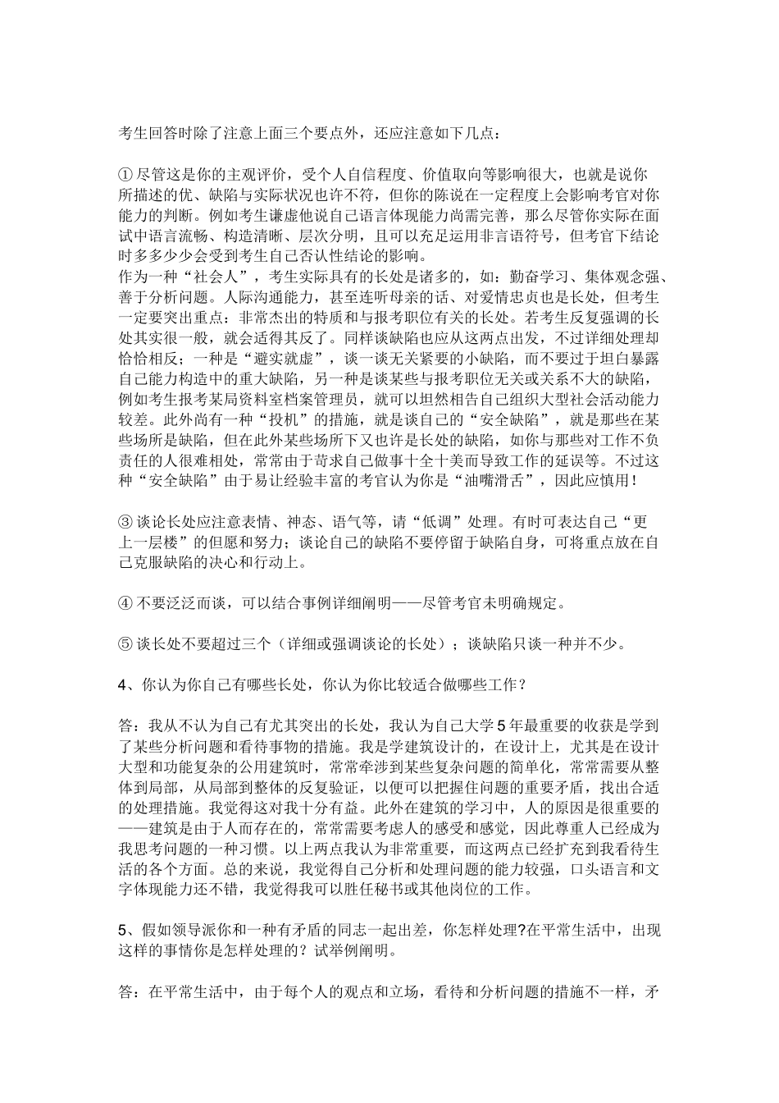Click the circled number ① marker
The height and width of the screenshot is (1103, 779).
coord(125,174)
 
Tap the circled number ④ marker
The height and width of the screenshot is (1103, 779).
coord(125,604)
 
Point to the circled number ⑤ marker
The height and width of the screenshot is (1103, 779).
coord(125,643)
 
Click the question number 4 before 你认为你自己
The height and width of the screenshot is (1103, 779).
coord(124,684)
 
